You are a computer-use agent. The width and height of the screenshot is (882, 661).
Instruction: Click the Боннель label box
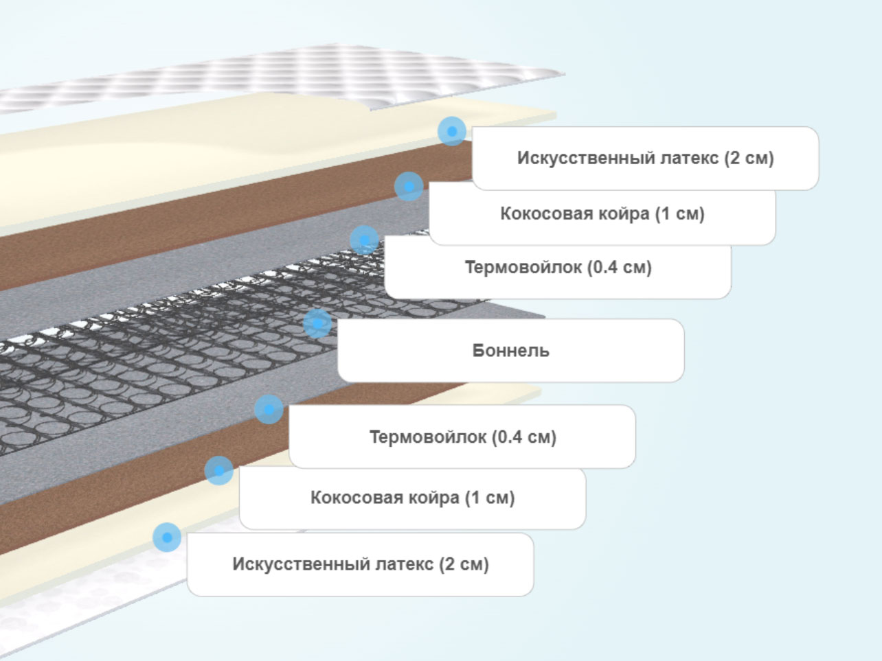510,350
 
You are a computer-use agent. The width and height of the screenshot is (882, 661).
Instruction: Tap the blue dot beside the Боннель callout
317,323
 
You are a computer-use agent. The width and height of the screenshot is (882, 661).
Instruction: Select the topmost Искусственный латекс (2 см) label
645,158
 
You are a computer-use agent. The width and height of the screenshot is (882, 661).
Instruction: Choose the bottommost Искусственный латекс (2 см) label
361,564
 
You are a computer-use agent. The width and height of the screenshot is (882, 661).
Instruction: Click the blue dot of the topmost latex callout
452,131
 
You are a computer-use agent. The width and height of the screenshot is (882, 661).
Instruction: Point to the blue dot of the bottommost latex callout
167,537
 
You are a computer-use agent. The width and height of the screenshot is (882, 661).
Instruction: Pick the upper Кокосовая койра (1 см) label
602,213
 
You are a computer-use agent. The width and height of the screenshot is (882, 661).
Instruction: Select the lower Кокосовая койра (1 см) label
413,498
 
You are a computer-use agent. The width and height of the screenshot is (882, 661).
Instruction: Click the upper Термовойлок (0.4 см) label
558,267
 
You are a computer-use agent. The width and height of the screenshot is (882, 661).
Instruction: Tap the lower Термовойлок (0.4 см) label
462,437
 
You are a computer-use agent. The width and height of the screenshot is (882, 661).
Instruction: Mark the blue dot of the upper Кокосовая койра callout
409,186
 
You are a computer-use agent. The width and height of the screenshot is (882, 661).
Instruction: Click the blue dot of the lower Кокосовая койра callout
219,470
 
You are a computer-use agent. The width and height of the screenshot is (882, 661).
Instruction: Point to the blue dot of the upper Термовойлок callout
365,240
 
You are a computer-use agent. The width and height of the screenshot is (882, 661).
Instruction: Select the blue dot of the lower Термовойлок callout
269,409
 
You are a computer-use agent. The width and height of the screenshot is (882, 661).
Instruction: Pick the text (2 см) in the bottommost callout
464,564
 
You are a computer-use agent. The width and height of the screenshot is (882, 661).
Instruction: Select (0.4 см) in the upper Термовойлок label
620,267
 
